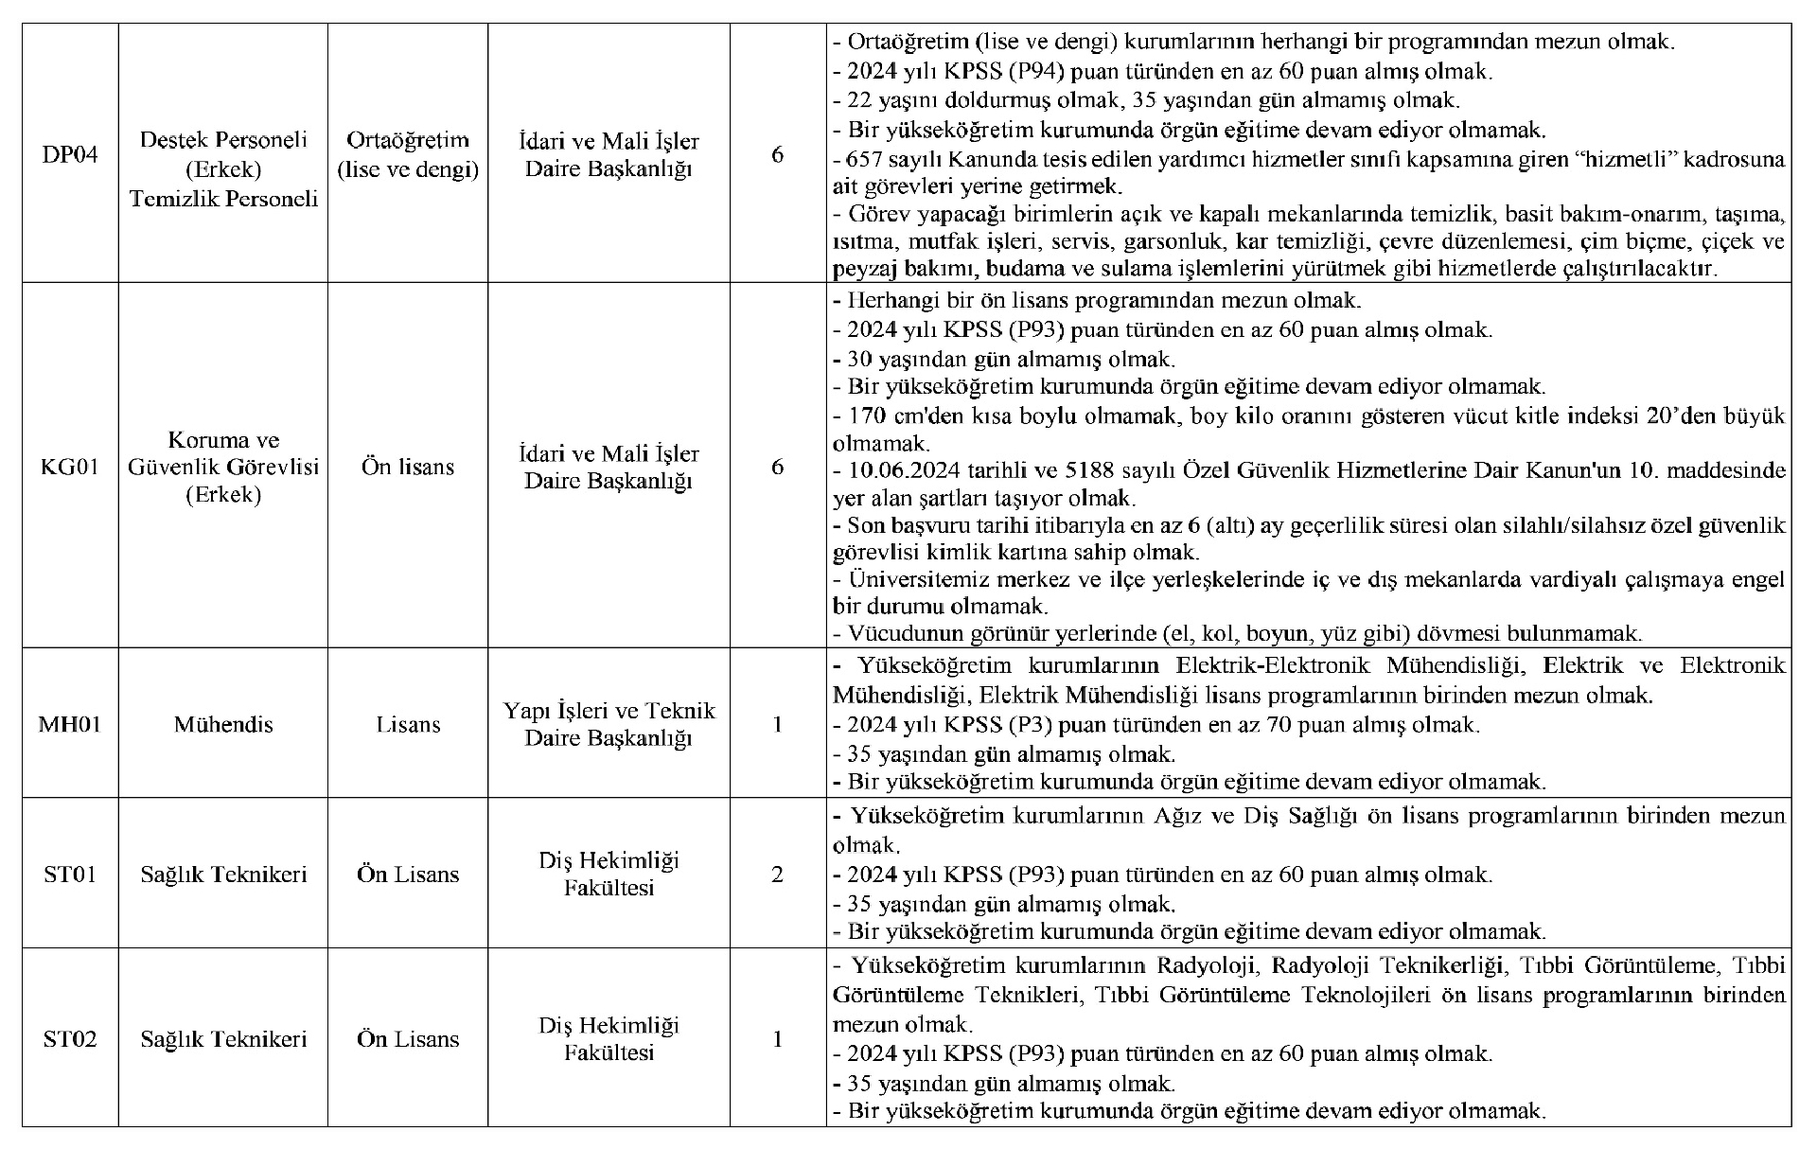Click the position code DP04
tap(70, 154)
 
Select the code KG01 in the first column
tap(70, 467)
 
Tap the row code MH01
tap(70, 724)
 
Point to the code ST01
tap(70, 874)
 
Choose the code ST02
tap(70, 1038)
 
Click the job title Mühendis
tap(223, 724)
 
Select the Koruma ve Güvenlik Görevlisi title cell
tap(223, 467)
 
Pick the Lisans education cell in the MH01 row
tap(408, 724)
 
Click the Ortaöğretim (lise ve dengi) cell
tap(408, 154)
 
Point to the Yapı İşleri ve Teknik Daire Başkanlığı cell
tap(609, 724)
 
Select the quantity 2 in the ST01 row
tap(777, 874)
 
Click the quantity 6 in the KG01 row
tap(777, 467)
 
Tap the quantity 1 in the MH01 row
tap(777, 724)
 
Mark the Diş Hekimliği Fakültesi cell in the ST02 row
tap(609, 1038)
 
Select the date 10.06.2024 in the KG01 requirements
tap(898, 470)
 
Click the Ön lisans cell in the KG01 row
tap(408, 467)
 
